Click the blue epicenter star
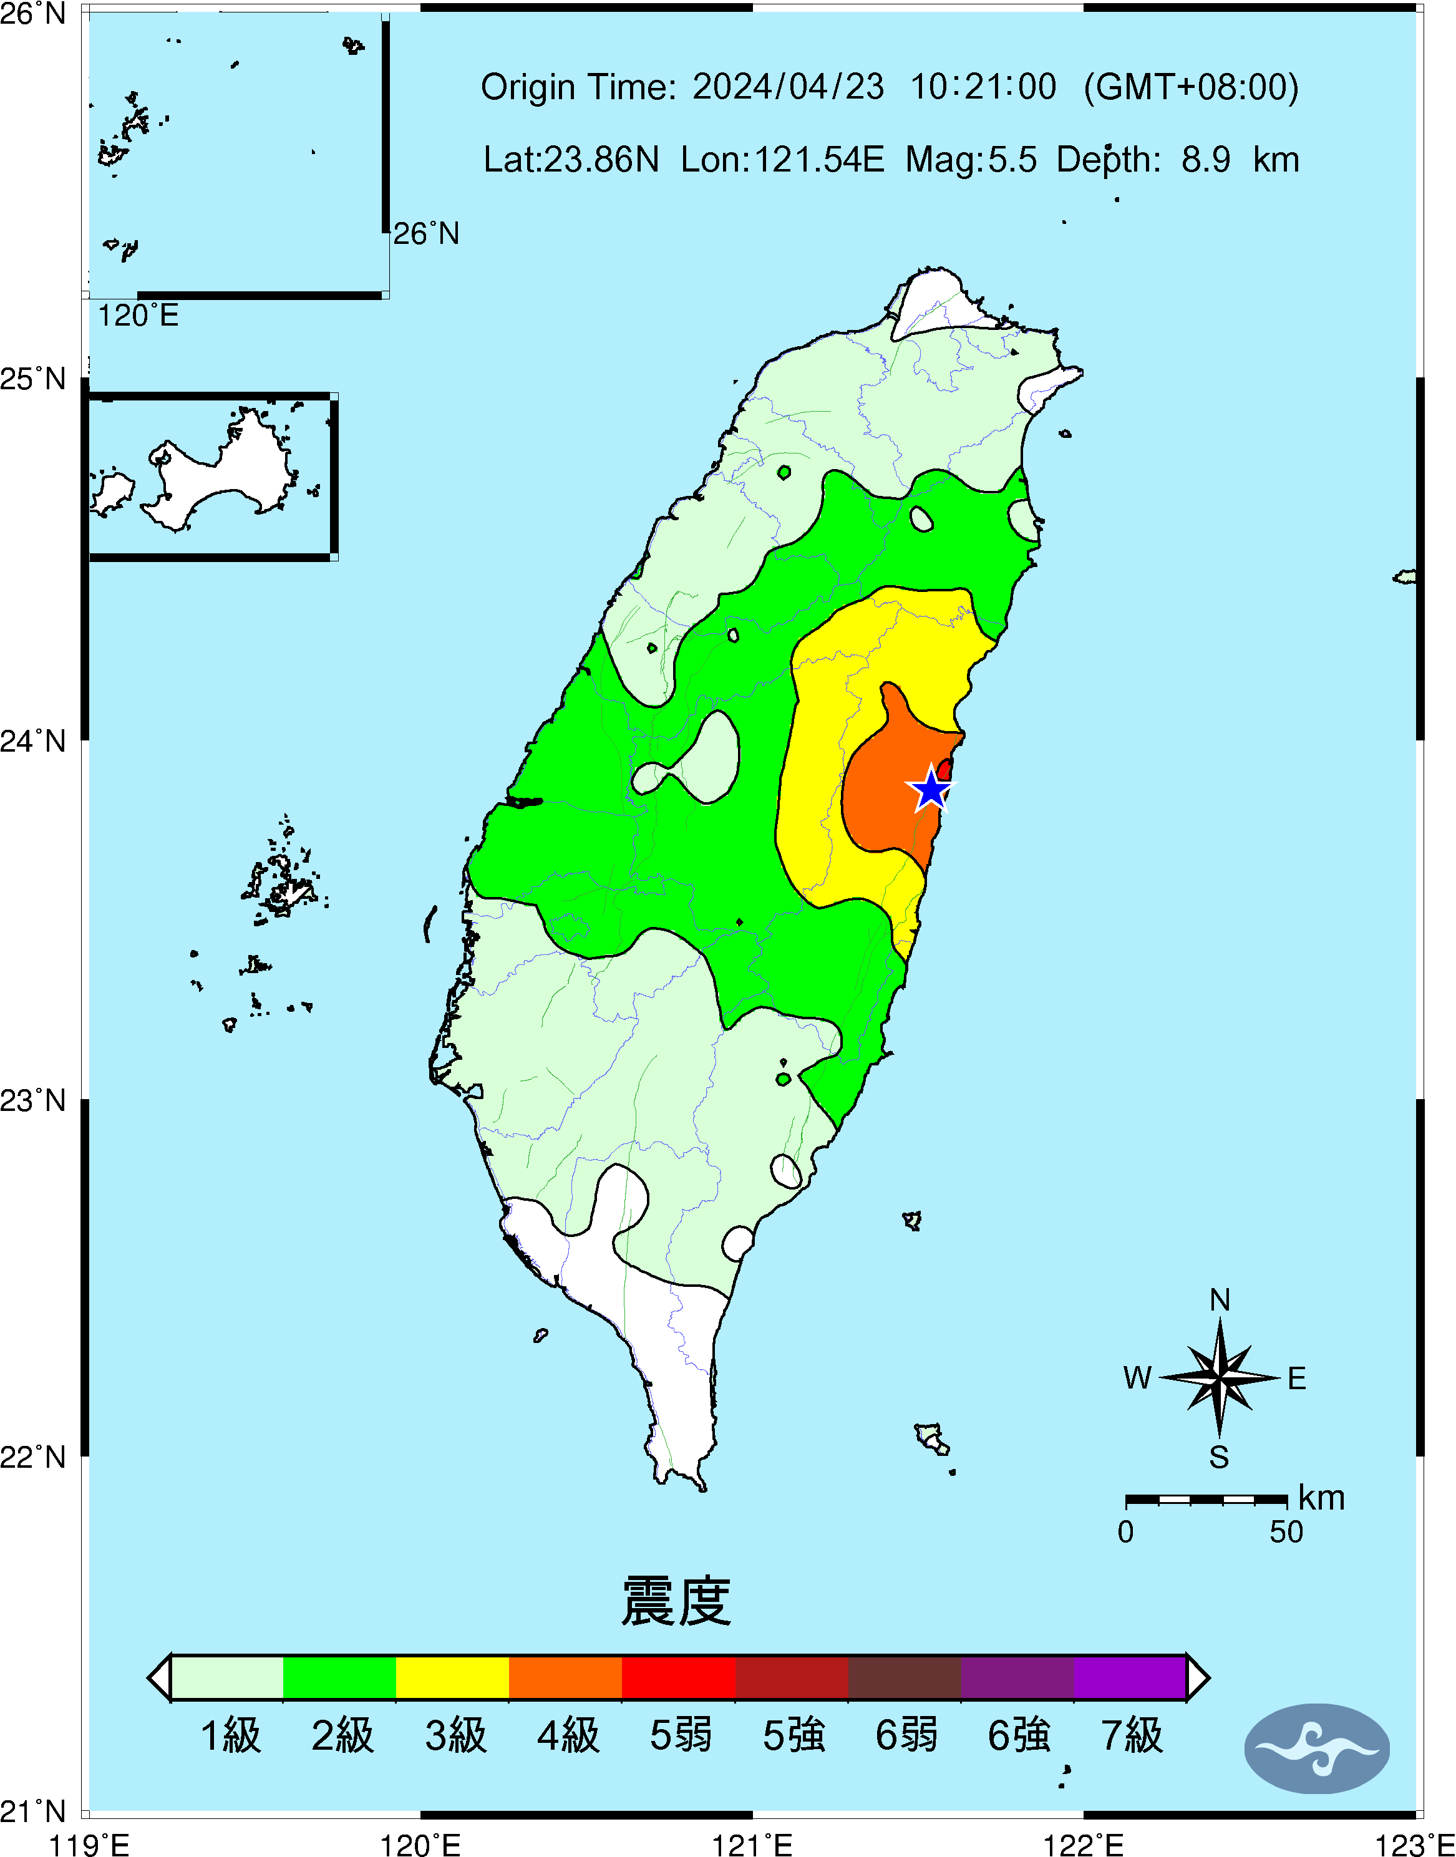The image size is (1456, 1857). (x=932, y=789)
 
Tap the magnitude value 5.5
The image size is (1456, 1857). (x=1012, y=159)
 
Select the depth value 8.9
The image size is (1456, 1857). (x=1205, y=159)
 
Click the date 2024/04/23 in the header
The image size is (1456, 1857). (x=788, y=87)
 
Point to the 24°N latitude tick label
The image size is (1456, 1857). (x=32, y=740)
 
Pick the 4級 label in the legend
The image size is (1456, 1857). (x=568, y=1735)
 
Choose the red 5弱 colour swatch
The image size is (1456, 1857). (x=679, y=1677)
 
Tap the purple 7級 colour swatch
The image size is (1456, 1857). (x=1130, y=1677)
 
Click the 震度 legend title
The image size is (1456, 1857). (x=676, y=1601)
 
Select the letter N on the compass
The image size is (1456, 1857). (x=1220, y=1299)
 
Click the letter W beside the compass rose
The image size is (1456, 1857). (x=1137, y=1378)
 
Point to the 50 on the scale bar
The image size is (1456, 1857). (x=1286, y=1532)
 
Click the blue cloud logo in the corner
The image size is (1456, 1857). (x=1317, y=1748)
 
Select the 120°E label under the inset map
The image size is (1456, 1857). (x=138, y=316)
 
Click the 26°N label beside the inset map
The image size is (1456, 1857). (x=426, y=233)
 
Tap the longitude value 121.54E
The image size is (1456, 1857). (x=782, y=159)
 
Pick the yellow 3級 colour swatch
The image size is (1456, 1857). (x=453, y=1677)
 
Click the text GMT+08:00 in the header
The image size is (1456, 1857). (x=1191, y=87)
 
